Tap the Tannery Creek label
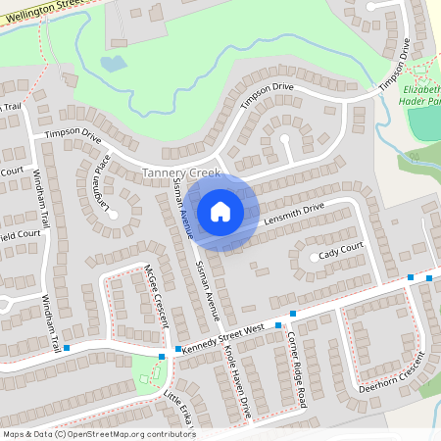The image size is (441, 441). pos(180,172)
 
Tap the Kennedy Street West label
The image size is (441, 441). pos(223,338)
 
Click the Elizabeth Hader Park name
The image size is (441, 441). pos(420,94)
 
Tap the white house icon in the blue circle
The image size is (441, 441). pos(220,211)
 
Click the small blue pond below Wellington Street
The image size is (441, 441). pos(113,64)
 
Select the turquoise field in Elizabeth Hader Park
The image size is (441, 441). pos(425,122)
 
